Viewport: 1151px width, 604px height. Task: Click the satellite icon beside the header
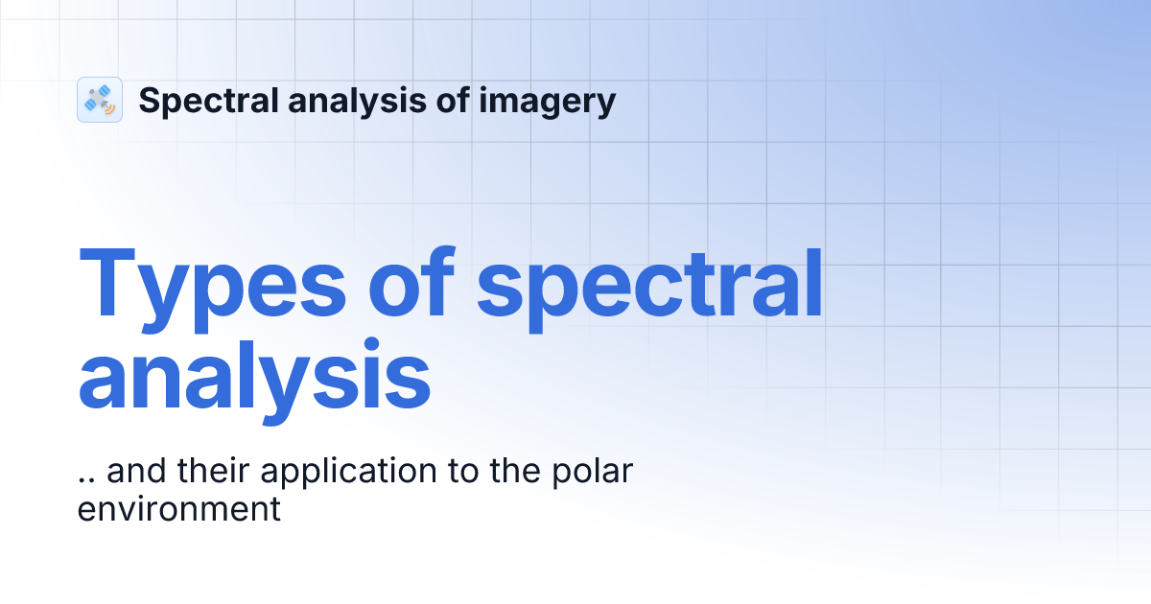tap(100, 100)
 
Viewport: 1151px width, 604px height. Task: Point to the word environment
tap(178, 508)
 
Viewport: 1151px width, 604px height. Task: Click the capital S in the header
tap(149, 100)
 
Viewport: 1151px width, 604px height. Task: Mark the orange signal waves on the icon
tap(109, 108)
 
